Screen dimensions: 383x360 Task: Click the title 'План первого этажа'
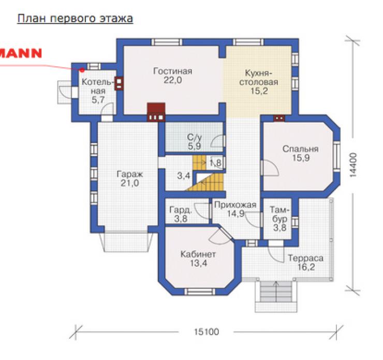click(75, 19)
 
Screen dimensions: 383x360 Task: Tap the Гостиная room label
click(173, 71)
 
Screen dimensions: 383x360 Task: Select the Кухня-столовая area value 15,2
click(259, 91)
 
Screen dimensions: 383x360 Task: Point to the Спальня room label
click(300, 149)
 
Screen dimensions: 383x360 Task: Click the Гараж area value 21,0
click(130, 183)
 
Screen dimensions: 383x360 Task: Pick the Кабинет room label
click(198, 254)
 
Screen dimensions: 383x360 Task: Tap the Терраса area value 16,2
click(306, 267)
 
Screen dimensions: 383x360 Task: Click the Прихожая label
click(235, 205)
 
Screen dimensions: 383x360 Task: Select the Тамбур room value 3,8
click(279, 228)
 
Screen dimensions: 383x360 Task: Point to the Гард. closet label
click(181, 210)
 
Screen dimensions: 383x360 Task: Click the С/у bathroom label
click(195, 137)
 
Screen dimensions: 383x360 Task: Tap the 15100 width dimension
click(207, 332)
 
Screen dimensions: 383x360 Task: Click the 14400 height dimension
click(353, 165)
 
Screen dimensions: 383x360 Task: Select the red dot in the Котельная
click(83, 70)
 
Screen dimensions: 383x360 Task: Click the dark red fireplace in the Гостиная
click(156, 112)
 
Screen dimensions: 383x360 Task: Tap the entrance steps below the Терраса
click(276, 296)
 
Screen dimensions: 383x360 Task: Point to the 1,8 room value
click(215, 162)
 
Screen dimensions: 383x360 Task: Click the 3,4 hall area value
click(183, 175)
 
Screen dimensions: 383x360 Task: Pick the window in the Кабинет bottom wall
click(200, 292)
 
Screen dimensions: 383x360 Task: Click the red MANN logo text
click(21, 53)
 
